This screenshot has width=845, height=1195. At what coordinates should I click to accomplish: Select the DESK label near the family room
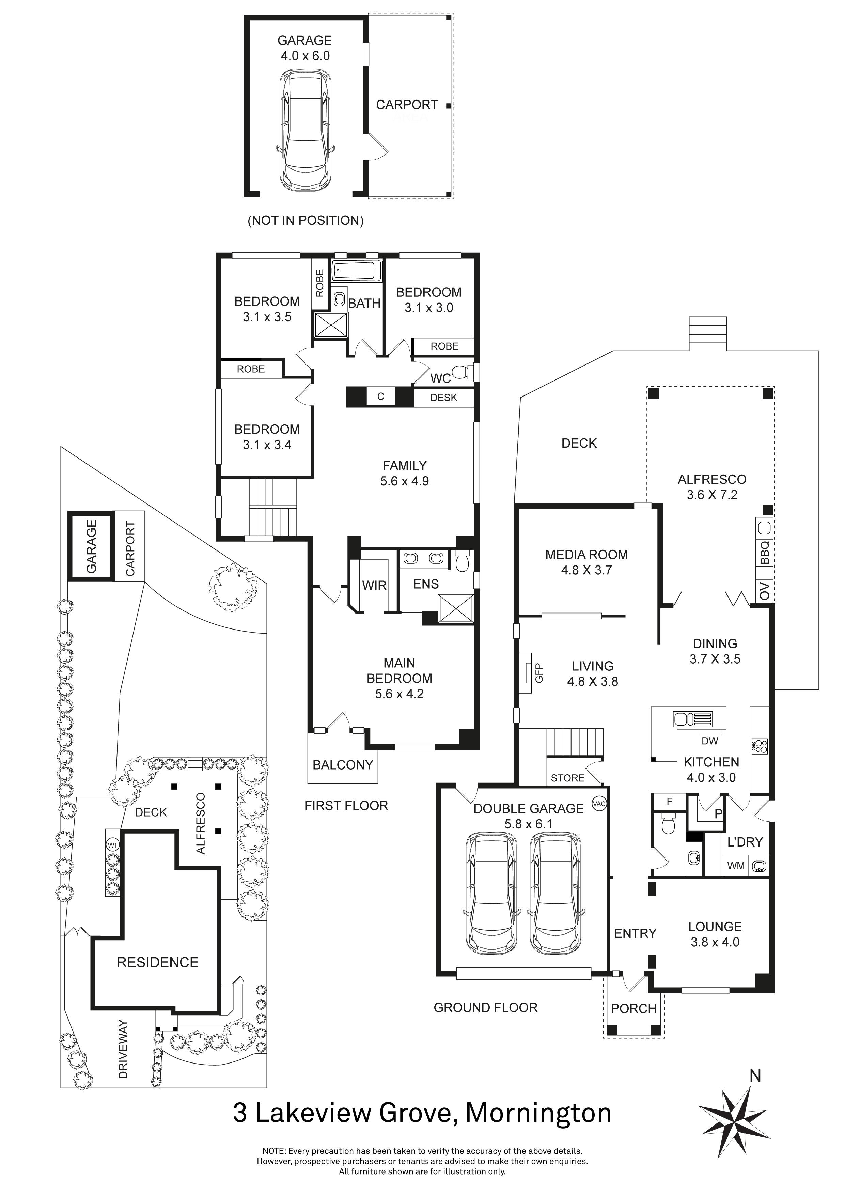point(443,398)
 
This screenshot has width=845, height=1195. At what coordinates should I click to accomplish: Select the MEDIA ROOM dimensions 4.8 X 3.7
point(586,571)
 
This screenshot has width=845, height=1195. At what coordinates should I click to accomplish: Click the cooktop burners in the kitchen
point(760,746)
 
